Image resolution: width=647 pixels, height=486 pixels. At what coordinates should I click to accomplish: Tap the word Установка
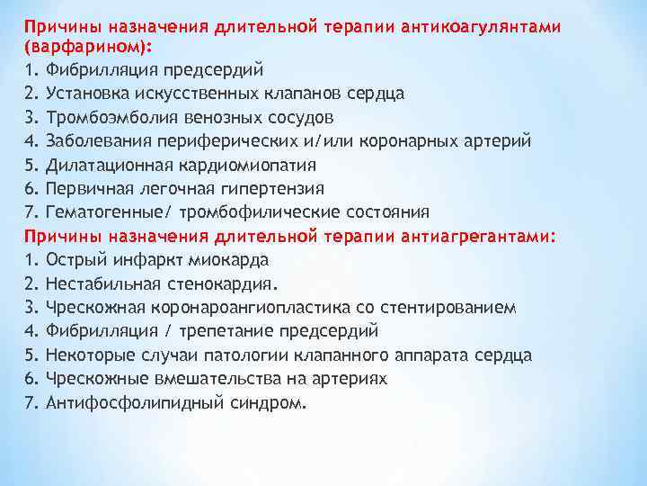pos(89,93)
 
